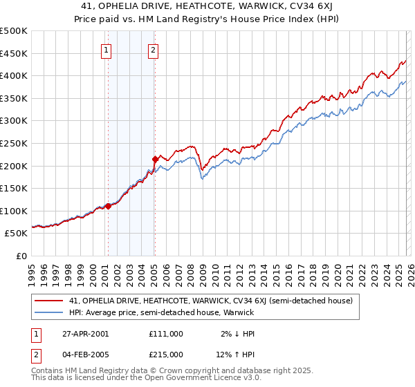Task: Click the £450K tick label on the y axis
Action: (14, 53)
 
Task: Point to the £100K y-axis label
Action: (14, 211)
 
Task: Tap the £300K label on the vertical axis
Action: (14, 121)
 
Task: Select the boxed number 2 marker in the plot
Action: (153, 49)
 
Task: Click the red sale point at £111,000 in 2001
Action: (109, 205)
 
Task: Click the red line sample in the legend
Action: (48, 301)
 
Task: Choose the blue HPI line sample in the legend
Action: (48, 312)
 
